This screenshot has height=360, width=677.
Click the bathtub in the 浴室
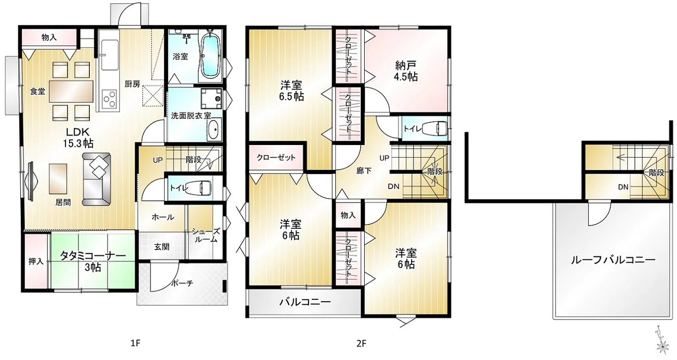210,56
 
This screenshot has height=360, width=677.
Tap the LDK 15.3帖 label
78,138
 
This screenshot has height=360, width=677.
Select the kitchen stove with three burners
109,99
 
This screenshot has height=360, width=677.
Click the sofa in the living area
97,180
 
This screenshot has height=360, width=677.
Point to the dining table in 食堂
72,91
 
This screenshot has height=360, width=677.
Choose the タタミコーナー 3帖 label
93,261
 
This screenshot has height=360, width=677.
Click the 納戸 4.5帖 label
406,71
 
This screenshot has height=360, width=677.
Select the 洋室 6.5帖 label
291,91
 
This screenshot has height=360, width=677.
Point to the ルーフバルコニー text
613,260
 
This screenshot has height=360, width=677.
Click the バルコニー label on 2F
305,302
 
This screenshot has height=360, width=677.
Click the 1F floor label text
136,343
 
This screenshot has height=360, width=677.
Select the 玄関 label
162,247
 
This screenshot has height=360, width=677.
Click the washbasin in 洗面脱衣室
214,130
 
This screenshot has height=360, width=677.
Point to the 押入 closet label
36,261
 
